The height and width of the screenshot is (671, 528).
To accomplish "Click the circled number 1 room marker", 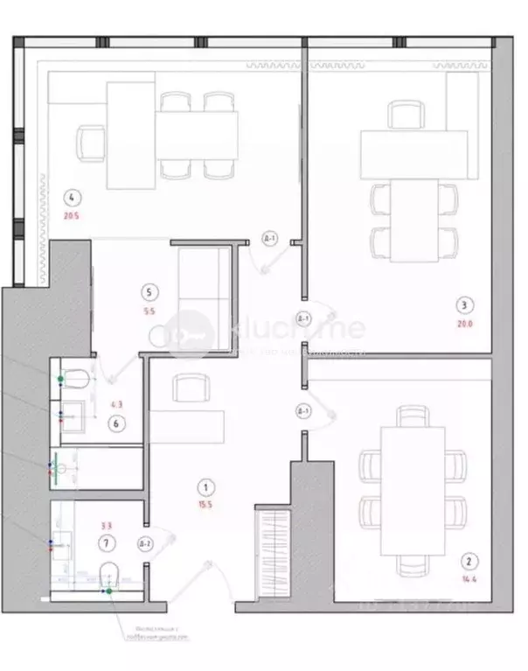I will click(x=205, y=486).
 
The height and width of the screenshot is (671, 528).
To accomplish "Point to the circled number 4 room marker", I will click(x=73, y=198).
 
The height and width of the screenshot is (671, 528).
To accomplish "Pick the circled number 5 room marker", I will click(x=150, y=292).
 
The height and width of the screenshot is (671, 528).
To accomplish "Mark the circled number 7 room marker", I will click(x=107, y=543).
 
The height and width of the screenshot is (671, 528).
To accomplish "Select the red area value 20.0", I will click(x=464, y=323).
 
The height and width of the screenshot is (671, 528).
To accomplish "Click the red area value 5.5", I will click(x=150, y=310).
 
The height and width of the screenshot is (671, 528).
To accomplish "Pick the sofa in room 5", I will click(x=204, y=288).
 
